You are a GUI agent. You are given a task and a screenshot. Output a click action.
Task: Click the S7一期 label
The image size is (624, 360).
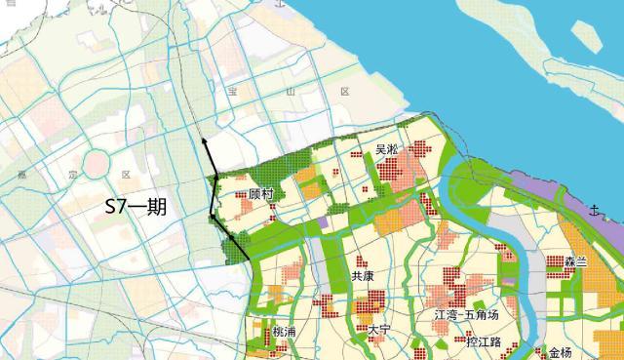pos(137,207)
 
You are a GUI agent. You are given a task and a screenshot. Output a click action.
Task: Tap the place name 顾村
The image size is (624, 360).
pos(260,195)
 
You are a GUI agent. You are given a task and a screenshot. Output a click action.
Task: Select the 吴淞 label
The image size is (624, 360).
pos(388,150)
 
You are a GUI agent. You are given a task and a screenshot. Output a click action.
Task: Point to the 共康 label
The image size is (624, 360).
pos(363,276)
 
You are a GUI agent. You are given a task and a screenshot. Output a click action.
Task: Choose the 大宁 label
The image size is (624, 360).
pos(378,331)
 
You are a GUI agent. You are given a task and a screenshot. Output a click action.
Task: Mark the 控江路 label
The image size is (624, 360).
pos(483,342)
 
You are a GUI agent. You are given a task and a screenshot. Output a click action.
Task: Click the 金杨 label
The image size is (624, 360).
pos(560,351)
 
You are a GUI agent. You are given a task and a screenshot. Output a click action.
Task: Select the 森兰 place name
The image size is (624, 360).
pos(575,262)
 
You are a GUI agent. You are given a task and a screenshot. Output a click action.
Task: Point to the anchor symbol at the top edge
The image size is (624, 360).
pos(283,5)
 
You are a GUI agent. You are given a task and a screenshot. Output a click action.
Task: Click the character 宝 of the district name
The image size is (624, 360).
pos(232,91)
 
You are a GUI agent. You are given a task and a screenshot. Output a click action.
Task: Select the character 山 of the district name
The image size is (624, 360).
pos(289,91)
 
